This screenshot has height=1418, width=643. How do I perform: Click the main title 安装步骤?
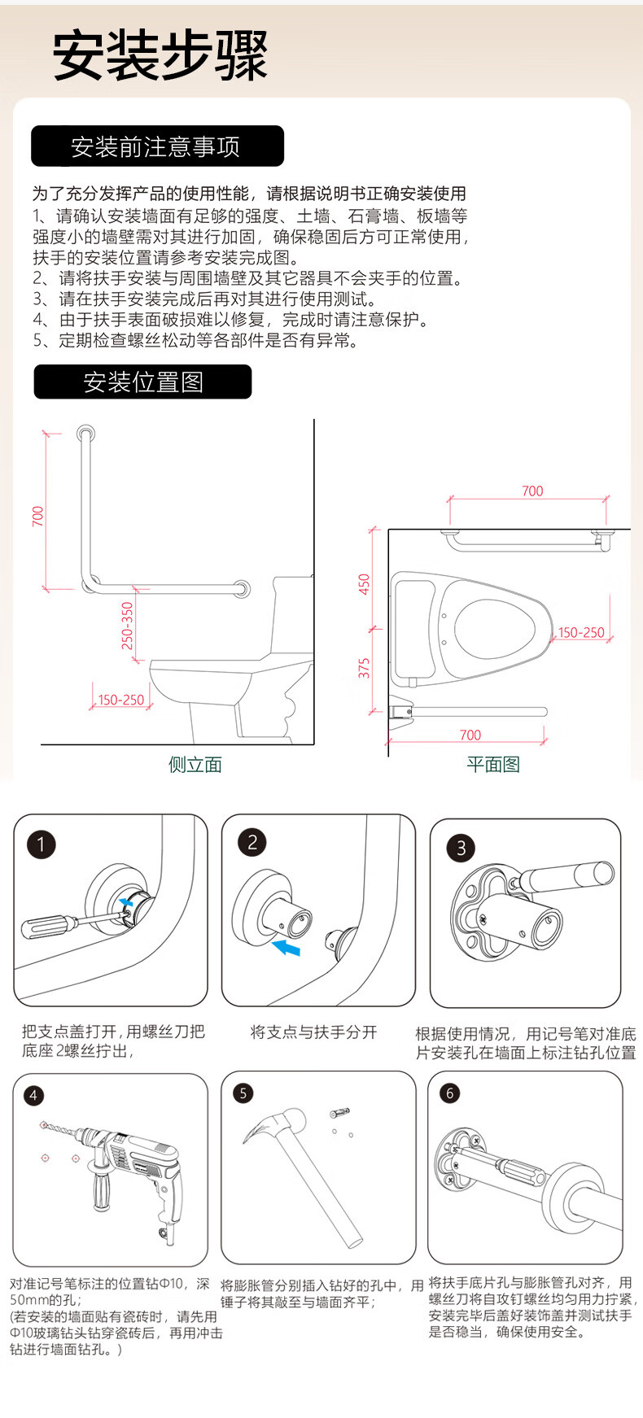(x=160, y=56)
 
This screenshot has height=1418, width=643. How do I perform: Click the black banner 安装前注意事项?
(x=157, y=146)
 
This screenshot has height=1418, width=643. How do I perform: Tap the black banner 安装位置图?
(x=142, y=382)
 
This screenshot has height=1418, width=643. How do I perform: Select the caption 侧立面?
(x=195, y=764)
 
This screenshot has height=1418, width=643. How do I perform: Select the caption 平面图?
(x=493, y=764)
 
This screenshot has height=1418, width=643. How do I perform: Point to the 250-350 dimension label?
(x=127, y=625)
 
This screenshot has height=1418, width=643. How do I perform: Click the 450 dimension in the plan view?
(x=365, y=584)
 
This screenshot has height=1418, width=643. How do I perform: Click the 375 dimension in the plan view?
(x=365, y=668)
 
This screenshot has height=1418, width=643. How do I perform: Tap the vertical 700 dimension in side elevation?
(x=38, y=516)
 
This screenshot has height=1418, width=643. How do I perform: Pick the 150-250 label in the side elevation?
(x=120, y=700)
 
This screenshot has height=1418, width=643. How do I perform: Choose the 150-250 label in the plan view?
(x=581, y=632)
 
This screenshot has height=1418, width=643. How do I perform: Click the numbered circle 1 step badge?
(x=41, y=844)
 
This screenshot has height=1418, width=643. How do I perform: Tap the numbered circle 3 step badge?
(x=461, y=849)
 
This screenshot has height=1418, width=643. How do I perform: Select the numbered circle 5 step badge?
(x=243, y=1093)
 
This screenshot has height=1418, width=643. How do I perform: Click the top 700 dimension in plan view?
(x=532, y=491)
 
